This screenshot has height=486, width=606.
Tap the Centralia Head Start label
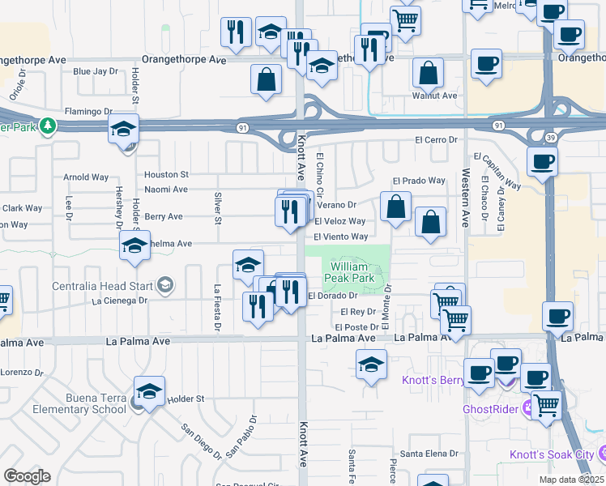(105, 285)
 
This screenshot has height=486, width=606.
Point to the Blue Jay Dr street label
(96, 71)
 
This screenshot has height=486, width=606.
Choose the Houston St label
(166, 174)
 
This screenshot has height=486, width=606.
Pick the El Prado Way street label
(419, 181)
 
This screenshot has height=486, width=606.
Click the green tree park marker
(48, 126)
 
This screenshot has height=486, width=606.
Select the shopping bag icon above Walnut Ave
(428, 74)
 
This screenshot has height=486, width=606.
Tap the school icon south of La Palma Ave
(371, 365)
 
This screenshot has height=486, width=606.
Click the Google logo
(27, 476)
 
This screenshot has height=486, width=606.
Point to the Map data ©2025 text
(571, 480)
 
